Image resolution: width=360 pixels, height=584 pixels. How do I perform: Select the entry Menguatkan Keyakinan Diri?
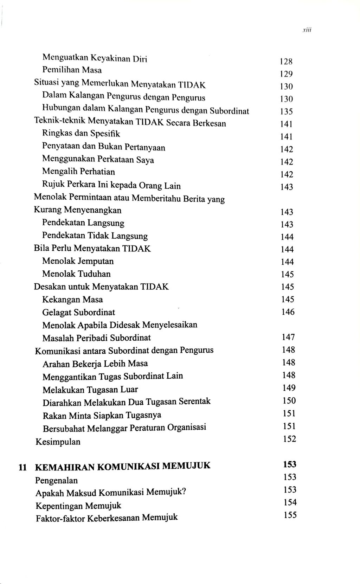pos(94,58)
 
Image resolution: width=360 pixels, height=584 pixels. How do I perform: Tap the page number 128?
pos(286,62)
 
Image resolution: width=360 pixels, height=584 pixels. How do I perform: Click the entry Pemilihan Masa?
pos(72,70)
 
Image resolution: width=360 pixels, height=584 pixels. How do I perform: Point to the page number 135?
pos(287,111)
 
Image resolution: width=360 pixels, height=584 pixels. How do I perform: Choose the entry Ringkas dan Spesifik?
pos(81,134)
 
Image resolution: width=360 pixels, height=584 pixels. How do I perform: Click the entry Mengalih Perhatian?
pos(78,172)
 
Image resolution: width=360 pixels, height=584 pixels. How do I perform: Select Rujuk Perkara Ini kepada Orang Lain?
pos(111,185)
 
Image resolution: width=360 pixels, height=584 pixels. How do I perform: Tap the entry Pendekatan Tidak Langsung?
pos(95,236)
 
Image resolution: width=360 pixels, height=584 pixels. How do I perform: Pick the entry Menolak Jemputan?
pos(78,261)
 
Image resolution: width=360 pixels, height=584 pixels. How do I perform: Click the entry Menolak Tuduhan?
pos(76,274)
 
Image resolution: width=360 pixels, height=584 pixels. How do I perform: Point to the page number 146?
pos(288,312)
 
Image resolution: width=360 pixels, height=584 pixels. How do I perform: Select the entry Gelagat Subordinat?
pos(78,312)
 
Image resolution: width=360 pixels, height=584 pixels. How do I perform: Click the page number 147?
pos(288,337)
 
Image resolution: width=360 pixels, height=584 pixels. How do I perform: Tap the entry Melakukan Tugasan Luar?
pos(90,390)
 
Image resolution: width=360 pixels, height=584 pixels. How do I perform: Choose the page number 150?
pos(289,400)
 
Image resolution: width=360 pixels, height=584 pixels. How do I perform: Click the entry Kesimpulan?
pos(58,442)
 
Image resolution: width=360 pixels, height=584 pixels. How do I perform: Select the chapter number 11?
pos(23,467)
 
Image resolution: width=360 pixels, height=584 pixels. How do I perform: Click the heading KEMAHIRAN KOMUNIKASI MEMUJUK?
pos(123,467)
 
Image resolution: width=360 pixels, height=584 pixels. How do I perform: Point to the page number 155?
pos(290,515)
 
